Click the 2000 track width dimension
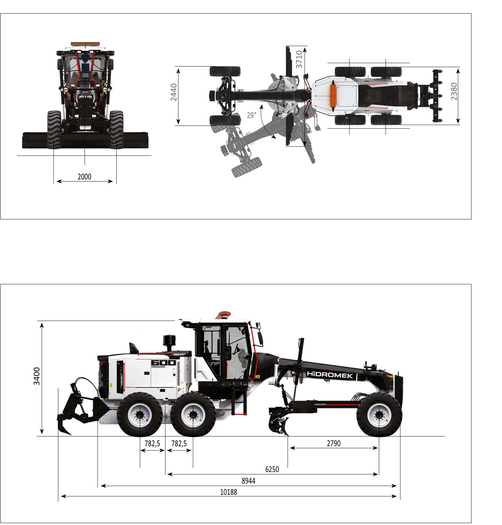point(84,176)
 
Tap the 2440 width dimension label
point(174,92)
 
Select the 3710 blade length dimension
point(299,59)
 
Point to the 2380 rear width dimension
point(454,91)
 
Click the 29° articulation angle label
point(251,115)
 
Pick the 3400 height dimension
point(37,376)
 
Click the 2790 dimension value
point(333,443)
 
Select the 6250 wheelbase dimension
point(272,469)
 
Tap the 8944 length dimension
point(248,481)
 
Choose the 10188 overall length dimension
point(229,492)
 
